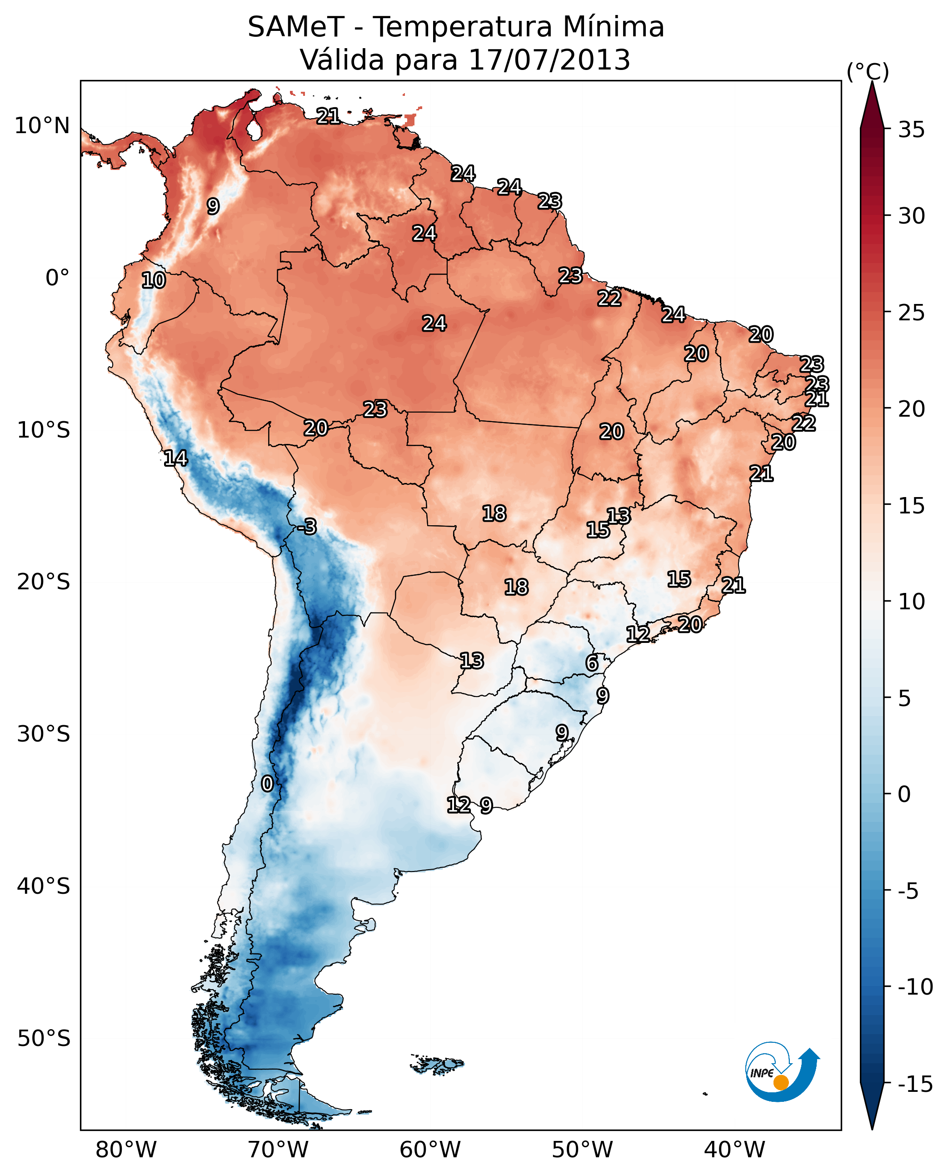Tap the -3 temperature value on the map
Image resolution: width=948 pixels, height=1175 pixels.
click(307, 526)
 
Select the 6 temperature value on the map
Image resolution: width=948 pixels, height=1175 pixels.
click(592, 663)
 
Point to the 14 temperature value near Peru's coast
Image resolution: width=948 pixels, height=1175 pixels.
click(176, 458)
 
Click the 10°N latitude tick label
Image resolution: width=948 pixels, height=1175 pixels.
click(42, 126)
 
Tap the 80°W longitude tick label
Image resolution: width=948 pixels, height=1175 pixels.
click(126, 1150)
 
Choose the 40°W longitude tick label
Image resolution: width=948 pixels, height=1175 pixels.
click(734, 1150)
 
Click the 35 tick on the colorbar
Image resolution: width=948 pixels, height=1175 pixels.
click(911, 130)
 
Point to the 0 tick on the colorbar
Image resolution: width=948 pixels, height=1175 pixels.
click(904, 794)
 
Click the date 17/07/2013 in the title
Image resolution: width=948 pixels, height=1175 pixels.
click(549, 60)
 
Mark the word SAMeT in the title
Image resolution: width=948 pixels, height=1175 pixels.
click(296, 27)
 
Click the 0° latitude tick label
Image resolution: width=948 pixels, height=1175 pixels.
click(57, 278)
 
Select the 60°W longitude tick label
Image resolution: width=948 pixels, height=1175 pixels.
click(430, 1150)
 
